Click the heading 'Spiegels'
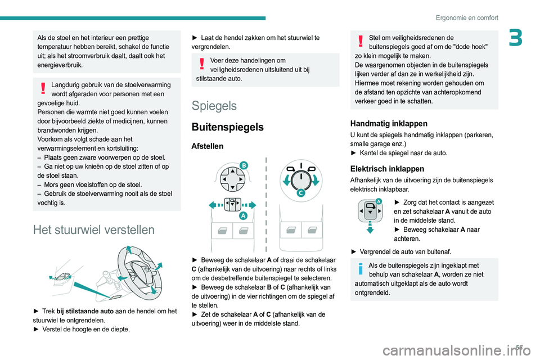pos(214,106)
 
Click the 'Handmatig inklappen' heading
pos(388,123)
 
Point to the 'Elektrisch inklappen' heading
pos(387,168)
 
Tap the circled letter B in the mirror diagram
pos(244,164)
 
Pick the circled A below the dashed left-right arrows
pos(244,215)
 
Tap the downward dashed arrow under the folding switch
pos(370,227)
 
